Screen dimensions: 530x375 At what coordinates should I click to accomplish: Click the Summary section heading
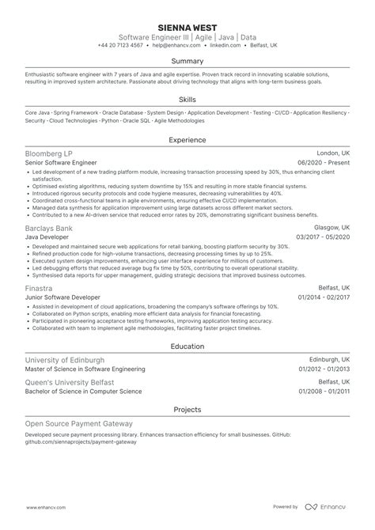tap(187, 61)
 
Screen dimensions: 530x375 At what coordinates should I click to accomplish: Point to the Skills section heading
tap(187, 101)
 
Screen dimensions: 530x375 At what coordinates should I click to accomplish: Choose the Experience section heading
tap(187, 139)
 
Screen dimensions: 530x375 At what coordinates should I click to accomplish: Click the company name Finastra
tap(39, 290)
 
